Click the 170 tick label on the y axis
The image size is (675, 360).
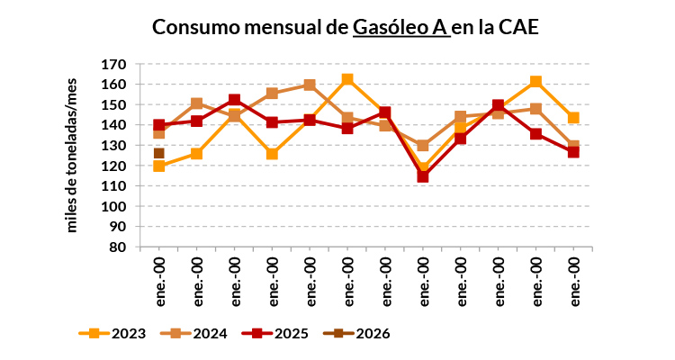click(114, 65)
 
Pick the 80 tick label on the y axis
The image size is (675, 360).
click(119, 247)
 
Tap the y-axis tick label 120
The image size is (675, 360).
click(114, 166)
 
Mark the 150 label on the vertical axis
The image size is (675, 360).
click(114, 105)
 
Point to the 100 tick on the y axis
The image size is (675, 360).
click(114, 207)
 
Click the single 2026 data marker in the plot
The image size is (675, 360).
click(159, 154)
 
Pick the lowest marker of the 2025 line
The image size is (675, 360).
click(422, 176)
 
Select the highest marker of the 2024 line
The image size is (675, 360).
click(310, 85)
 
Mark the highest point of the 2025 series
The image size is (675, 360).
click(234, 101)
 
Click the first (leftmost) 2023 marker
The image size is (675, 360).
click(159, 166)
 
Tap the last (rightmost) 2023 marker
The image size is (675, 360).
click(572, 118)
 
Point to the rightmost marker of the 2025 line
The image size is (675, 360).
click(572, 152)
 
